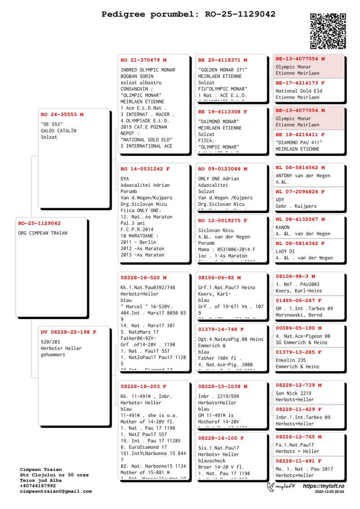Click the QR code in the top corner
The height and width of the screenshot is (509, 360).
[x=328, y=31]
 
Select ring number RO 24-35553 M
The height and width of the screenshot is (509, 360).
[x=62, y=115]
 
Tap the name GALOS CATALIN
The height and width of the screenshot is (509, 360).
[x=58, y=131]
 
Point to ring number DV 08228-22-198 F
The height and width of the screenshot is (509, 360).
[x=68, y=332]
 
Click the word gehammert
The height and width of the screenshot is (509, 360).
[x=53, y=355]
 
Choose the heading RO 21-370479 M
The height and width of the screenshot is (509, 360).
[x=144, y=60]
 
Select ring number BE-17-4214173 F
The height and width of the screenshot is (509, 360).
[x=300, y=83]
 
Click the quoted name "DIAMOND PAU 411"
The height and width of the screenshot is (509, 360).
[x=299, y=143]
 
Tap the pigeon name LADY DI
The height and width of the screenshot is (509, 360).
[x=285, y=252]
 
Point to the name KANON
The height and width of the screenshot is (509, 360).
[x=283, y=227]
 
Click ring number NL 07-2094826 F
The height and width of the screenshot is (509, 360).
[x=300, y=192]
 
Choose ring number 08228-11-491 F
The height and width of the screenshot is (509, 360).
[x=298, y=461]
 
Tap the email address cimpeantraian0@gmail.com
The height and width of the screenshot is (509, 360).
[x=56, y=491]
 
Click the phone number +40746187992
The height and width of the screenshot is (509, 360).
[x=38, y=486]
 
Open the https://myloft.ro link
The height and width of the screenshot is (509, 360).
[x=324, y=486]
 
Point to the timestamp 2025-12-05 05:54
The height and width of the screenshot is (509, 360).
[x=329, y=492]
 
